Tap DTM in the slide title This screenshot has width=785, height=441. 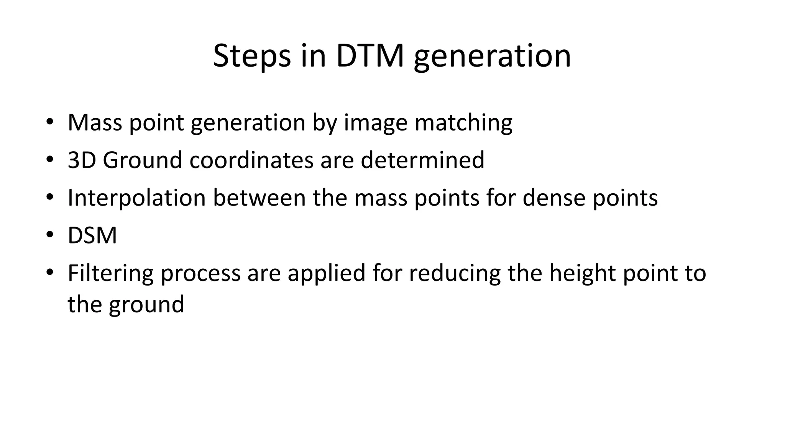coord(370,56)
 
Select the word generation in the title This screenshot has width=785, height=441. coord(492,57)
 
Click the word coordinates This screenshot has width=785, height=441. coord(251,160)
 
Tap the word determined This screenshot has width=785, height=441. coord(422,160)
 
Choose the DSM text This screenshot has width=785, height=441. coord(92,235)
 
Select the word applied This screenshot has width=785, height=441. coord(327,274)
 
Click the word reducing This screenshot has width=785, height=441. coord(455,274)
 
